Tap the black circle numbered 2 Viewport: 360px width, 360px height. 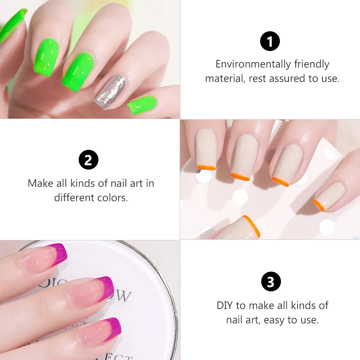coord(88,160)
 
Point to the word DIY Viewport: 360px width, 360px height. coord(226,305)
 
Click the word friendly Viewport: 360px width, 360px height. coord(311,64)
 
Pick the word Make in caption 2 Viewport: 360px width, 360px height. coord(41,183)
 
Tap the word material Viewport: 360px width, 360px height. coord(225,78)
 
